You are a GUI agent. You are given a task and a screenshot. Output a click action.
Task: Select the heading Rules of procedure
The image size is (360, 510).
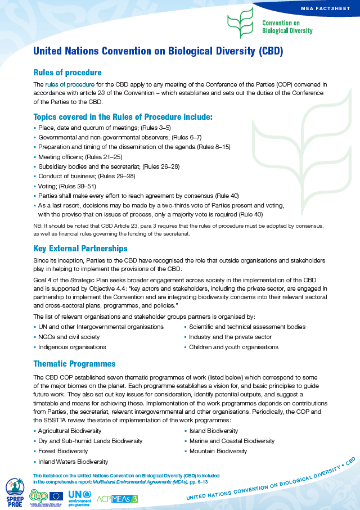67,73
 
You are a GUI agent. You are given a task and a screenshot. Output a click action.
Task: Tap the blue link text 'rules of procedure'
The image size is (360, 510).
70,84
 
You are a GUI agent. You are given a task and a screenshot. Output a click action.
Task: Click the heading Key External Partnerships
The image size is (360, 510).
80,249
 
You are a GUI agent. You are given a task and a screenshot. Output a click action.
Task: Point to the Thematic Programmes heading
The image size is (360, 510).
74,364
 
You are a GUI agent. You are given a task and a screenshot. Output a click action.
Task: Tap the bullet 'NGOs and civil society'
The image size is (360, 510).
69,337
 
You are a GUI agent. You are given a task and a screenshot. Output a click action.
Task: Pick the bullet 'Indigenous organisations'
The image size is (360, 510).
72,347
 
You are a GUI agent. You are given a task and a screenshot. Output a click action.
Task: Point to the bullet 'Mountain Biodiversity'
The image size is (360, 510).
218,451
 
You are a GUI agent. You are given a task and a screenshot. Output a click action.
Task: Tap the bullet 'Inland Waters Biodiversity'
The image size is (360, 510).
73,462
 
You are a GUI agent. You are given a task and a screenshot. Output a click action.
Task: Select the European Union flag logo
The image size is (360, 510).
56,495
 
